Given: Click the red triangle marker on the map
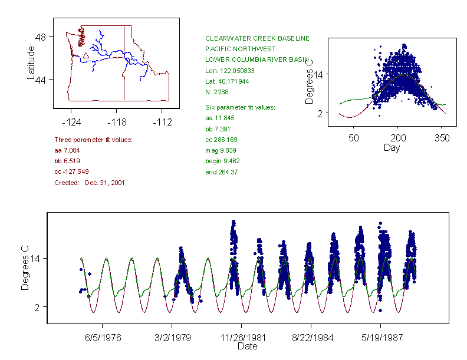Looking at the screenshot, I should (x=86, y=55).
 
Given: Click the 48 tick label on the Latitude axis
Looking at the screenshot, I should (x=41, y=37).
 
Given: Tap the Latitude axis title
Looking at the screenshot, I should (x=31, y=63).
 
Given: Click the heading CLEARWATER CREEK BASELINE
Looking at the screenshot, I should (x=257, y=38).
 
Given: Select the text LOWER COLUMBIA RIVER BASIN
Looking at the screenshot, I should (x=257, y=60).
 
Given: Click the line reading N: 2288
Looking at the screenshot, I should (x=216, y=92).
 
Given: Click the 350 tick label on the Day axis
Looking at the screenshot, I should (x=442, y=138).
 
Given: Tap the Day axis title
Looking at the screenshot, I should (x=392, y=148).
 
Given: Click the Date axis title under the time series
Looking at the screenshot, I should (x=247, y=347).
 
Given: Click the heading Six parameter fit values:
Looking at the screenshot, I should (x=244, y=107).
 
